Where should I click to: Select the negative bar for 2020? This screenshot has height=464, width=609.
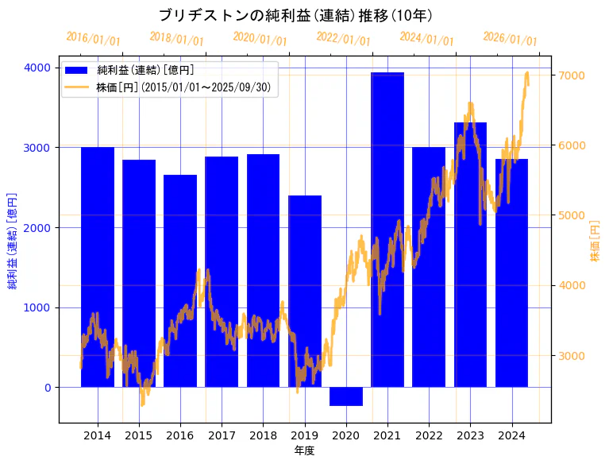point(346,396)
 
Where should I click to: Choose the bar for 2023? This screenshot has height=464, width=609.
point(470,254)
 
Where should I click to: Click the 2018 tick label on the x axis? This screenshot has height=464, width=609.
point(263,435)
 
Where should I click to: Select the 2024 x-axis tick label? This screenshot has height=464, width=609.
point(511,435)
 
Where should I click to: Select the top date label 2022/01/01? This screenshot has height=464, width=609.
point(343,39)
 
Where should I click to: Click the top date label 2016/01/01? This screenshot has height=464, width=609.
point(93,39)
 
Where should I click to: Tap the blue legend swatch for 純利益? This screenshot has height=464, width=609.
point(81,71)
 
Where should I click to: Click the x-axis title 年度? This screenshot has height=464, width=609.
point(305,450)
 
